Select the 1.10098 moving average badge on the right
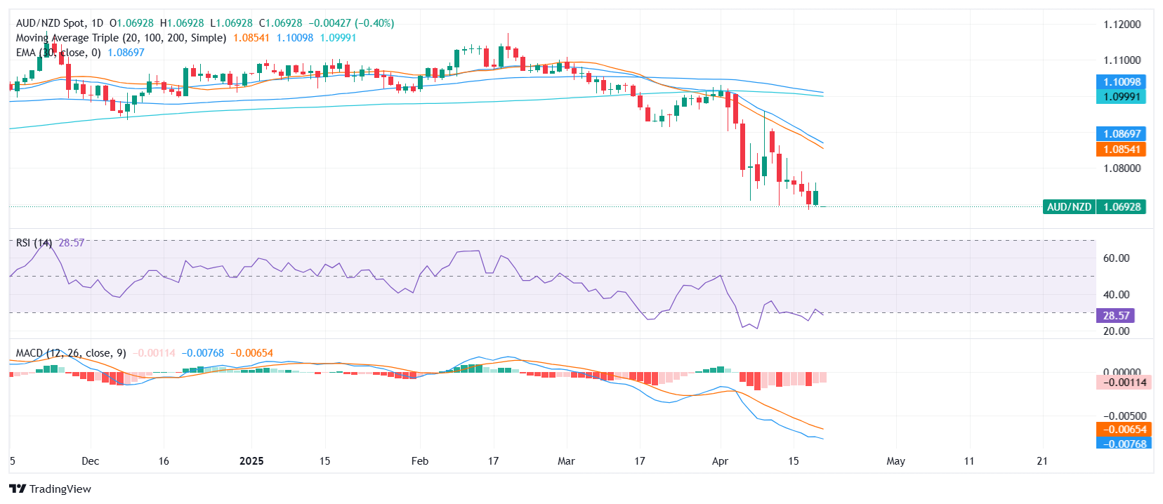(1121, 82)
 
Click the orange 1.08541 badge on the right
(1121, 150)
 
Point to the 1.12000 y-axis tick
(1122, 25)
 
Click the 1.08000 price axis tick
(1122, 168)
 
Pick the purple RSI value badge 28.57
(1115, 316)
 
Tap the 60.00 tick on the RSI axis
(1116, 258)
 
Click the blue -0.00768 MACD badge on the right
(1124, 444)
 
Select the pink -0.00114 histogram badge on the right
(1124, 383)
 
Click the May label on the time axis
(895, 461)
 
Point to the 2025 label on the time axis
(251, 461)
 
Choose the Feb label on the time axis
(419, 461)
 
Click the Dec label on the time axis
(90, 461)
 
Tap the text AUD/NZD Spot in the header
(49, 23)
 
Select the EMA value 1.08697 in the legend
(126, 53)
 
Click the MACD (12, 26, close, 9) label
(70, 353)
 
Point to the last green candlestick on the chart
(815, 197)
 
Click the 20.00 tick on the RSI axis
(1116, 331)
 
